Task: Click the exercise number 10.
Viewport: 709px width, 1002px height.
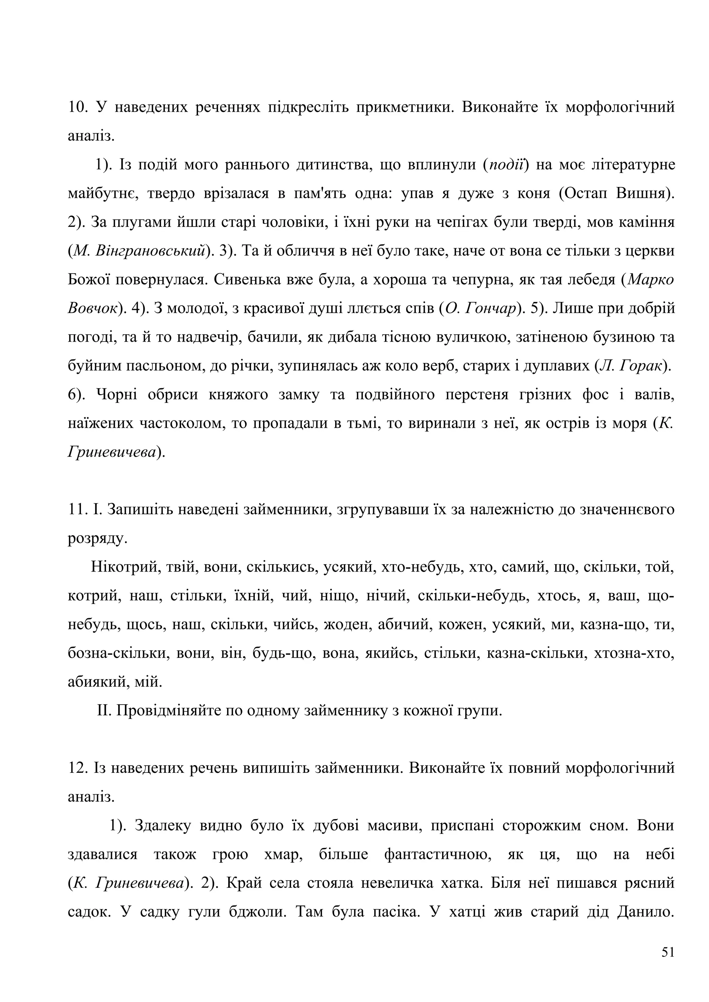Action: click(77, 107)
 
